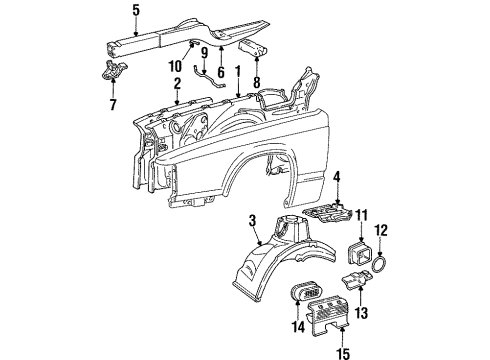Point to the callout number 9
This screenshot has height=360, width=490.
203,52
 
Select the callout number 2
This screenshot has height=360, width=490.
176,83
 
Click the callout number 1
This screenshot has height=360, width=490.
237,72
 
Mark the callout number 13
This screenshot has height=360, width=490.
363,312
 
